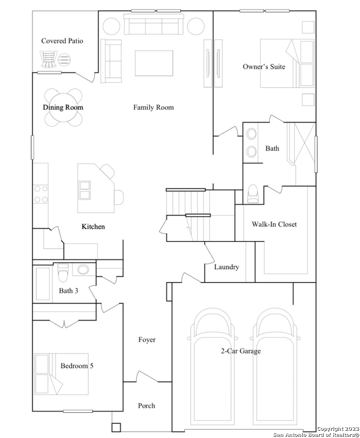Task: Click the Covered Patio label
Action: pyautogui.click(x=62, y=41)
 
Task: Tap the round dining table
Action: pyautogui.click(x=63, y=107)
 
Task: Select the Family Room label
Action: pyautogui.click(x=153, y=107)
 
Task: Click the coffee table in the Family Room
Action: pyautogui.click(x=154, y=63)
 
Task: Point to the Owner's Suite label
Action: pyautogui.click(x=264, y=67)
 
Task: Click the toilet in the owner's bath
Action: pyautogui.click(x=253, y=193)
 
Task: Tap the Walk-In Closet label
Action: pyautogui.click(x=274, y=224)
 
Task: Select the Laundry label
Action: pyautogui.click(x=226, y=267)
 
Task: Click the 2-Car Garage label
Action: pyautogui.click(x=241, y=351)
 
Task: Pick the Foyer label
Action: pyautogui.click(x=147, y=340)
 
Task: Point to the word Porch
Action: pyautogui.click(x=147, y=406)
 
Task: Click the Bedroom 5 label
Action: pyautogui.click(x=77, y=366)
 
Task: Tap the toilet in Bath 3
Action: pyautogui.click(x=63, y=273)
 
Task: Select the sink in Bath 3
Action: pyautogui.click(x=83, y=270)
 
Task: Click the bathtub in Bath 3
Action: pyautogui.click(x=43, y=284)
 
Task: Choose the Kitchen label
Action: pyautogui.click(x=93, y=227)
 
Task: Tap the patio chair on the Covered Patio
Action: pyautogui.click(x=49, y=59)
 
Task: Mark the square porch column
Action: pyautogui.click(x=116, y=427)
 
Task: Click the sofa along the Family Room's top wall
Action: pyautogui.click(x=154, y=24)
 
